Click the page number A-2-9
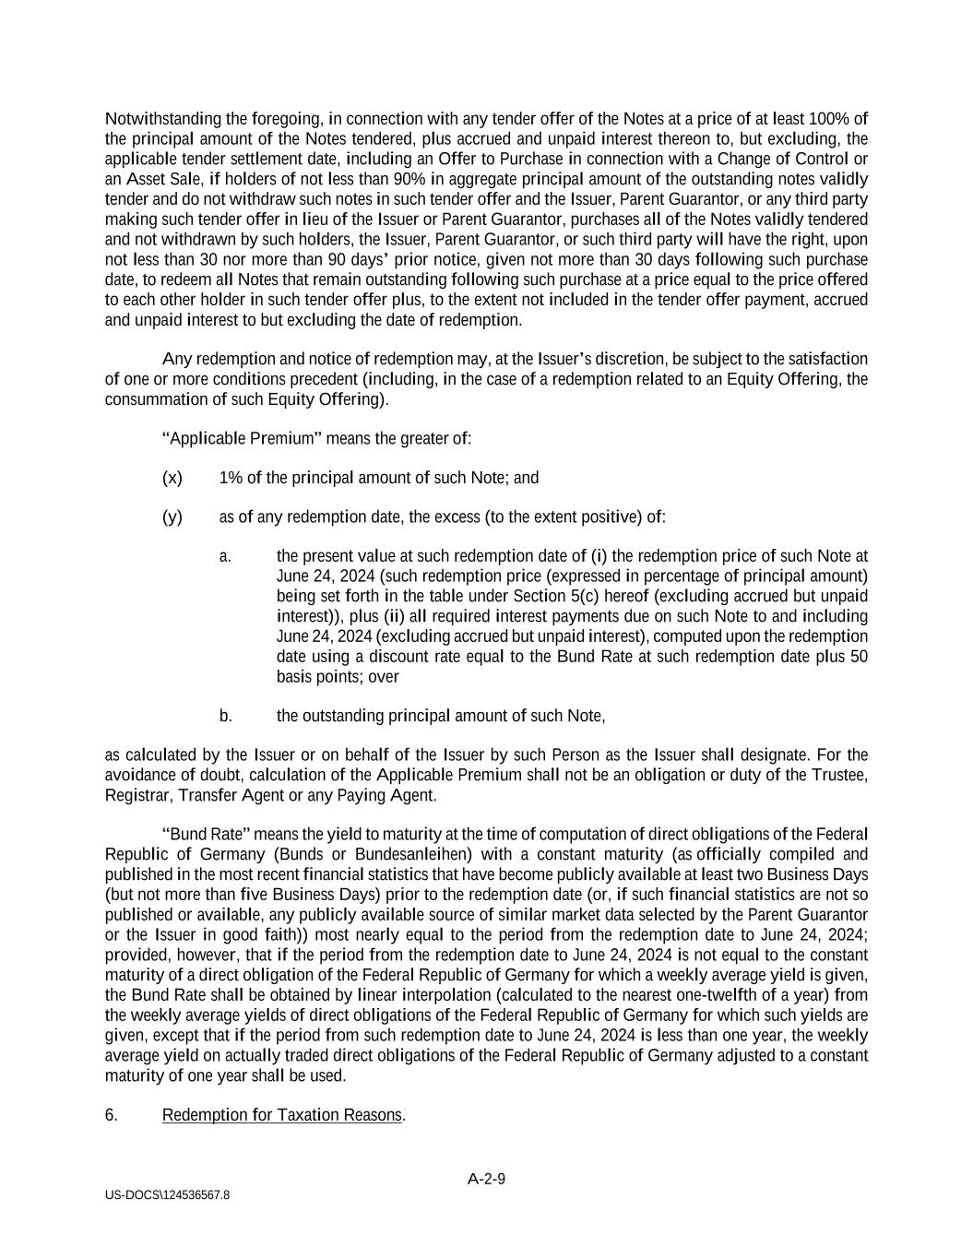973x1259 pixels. pos(486,1178)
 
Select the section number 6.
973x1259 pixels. pos(111,1114)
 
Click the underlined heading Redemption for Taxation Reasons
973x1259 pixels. pos(282,1114)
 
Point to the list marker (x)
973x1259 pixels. pos(172,477)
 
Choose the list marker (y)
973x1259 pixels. pos(172,517)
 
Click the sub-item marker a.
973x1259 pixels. pos(225,555)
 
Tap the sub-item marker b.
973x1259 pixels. pos(225,715)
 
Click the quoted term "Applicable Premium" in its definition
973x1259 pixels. pos(243,438)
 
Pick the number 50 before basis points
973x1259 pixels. pos(859,656)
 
